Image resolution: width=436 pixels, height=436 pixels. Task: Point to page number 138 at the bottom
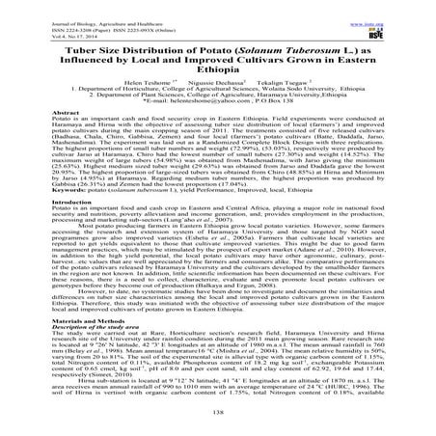[x=217, y=416]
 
